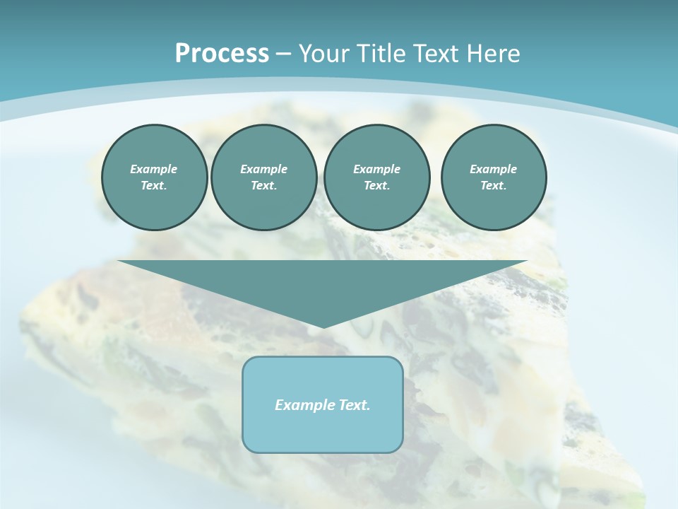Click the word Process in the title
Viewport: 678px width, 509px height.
click(222, 54)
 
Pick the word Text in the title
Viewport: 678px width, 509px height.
click(438, 54)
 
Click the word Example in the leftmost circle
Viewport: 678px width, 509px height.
click(154, 169)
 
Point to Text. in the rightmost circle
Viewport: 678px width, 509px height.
click(493, 186)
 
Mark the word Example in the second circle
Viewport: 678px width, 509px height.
click(263, 169)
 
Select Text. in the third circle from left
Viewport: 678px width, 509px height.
click(376, 186)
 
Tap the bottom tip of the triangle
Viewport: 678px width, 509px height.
click(323, 326)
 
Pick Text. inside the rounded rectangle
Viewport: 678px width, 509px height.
click(354, 405)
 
